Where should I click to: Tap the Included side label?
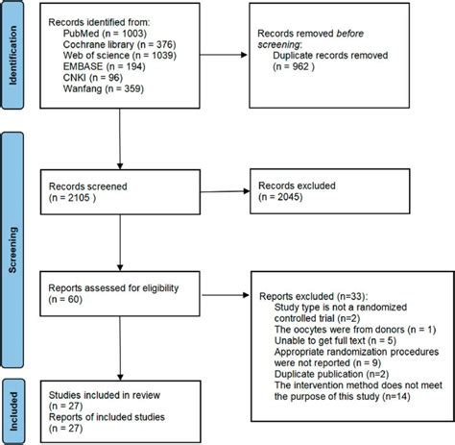coord(14,393)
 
